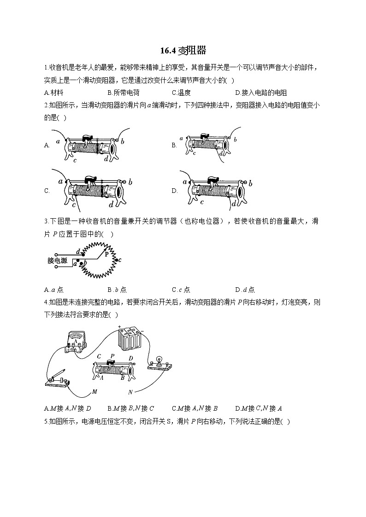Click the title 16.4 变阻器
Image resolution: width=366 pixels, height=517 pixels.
tap(183, 50)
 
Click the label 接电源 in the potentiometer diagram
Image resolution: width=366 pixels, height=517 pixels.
tap(57, 261)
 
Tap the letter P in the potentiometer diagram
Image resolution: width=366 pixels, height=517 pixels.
tap(106, 254)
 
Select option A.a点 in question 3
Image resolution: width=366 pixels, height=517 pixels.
tap(54, 290)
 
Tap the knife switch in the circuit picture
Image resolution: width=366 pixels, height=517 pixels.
tap(58, 378)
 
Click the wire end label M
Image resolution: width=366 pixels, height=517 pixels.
tap(94, 392)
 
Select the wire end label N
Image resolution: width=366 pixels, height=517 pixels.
tap(130, 392)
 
